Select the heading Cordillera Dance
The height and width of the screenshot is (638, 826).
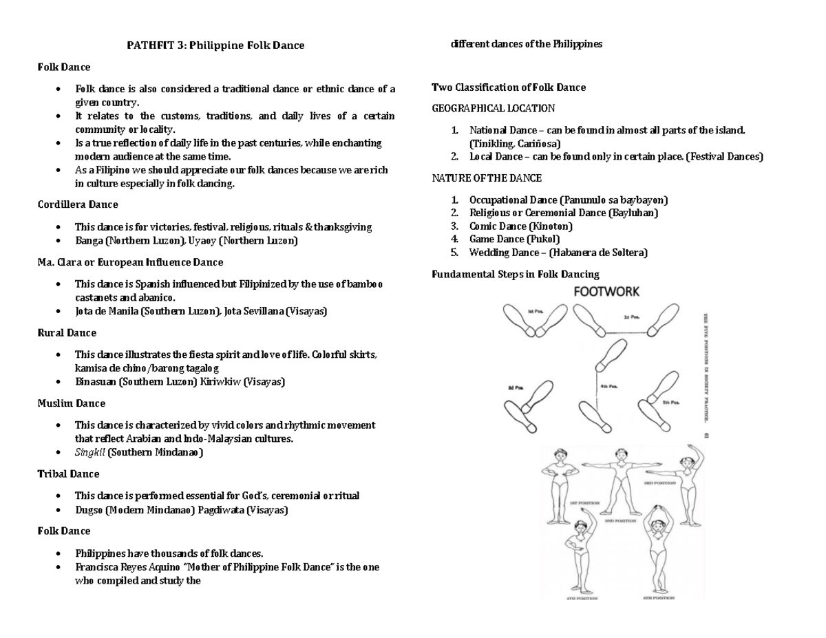77,204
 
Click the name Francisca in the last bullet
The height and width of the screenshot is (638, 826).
97,567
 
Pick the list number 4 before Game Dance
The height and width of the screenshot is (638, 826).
454,239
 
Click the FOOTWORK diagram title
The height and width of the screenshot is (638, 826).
606,291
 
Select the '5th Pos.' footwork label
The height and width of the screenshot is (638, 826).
670,402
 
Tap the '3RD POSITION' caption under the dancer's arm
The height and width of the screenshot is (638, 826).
660,482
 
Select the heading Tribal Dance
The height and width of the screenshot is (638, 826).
68,474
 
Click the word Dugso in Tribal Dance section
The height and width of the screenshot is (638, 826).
89,510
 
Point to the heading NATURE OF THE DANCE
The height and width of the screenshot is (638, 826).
487,178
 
